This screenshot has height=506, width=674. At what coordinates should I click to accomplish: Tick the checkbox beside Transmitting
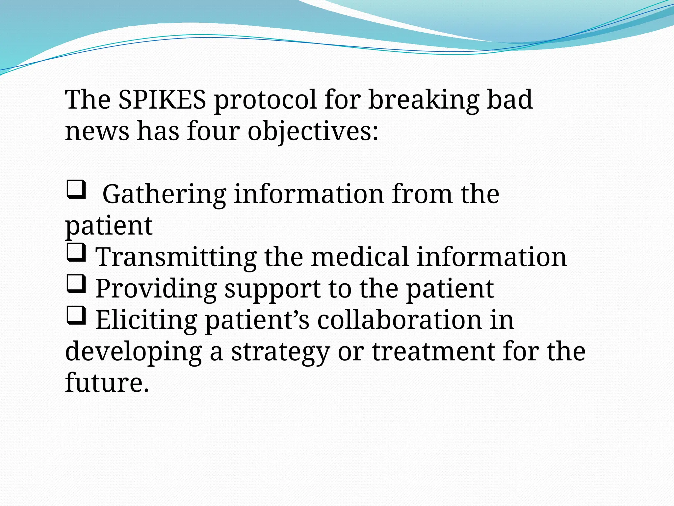[76, 253]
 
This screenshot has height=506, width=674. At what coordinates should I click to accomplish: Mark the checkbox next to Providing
[76, 284]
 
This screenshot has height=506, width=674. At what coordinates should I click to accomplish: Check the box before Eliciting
[76, 316]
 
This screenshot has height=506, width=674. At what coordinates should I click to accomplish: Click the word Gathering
[164, 194]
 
